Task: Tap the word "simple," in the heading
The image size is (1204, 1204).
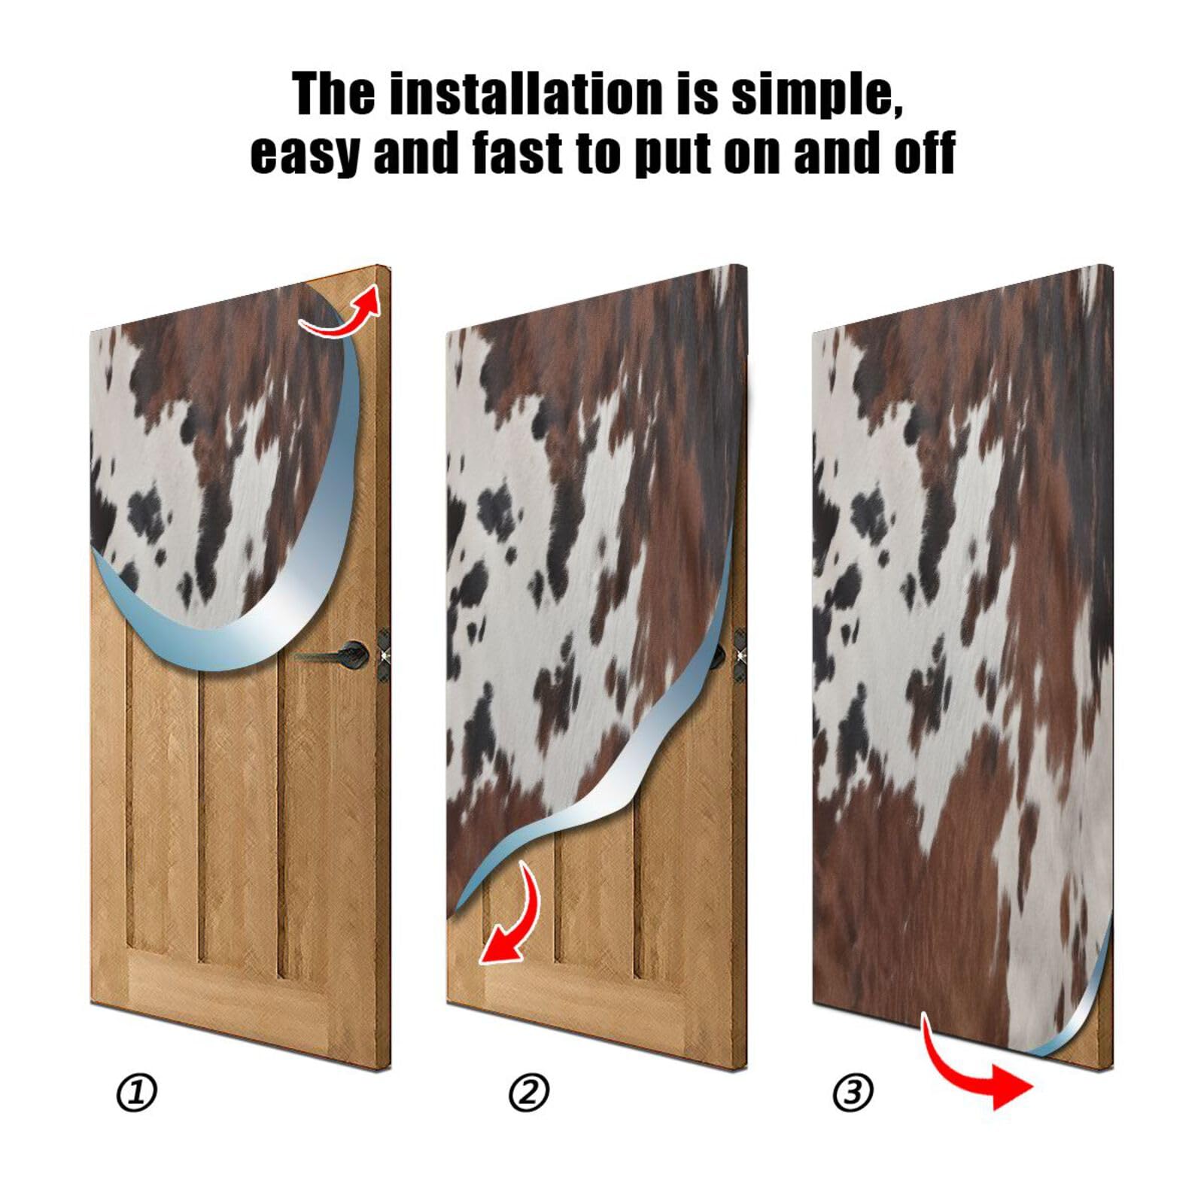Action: [817, 95]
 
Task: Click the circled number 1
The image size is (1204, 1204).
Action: [137, 1092]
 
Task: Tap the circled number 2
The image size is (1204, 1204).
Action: [530, 1092]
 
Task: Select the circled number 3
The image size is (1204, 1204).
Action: [853, 1092]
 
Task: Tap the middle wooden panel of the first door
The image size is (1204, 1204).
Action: [238, 813]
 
